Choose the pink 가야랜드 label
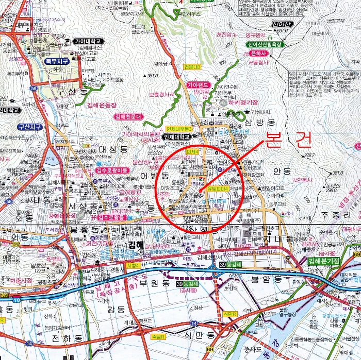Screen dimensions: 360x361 coord(198,84)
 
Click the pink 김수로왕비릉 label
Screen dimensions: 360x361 coord(108,169)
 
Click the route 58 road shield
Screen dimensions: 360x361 coord(34,89)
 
